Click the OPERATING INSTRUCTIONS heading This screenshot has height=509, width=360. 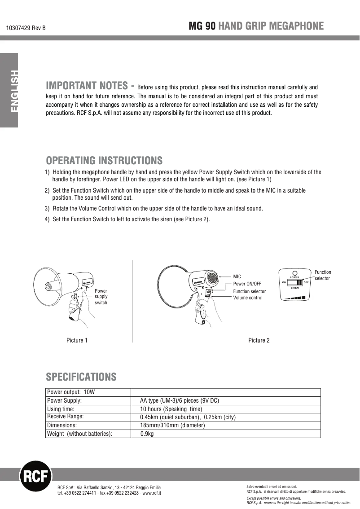coord(104,160)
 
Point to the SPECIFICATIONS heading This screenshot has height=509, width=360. coord(81,376)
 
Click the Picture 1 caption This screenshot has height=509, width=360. coord(77,340)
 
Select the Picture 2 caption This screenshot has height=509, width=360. coord(259,340)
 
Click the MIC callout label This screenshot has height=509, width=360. coord(237,277)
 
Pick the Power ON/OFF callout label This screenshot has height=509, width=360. coord(247,284)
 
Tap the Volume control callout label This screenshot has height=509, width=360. coord(248,298)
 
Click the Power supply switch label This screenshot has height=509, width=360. coord(101,297)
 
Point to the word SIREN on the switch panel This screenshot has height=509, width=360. coord(295,288)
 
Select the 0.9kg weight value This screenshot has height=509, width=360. coord(147,434)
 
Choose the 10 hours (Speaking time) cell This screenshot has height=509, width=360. coord(171,409)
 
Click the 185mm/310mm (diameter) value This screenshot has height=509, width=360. coord(172,425)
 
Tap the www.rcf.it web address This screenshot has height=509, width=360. coord(152,493)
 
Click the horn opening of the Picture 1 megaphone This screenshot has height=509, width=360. coord(46,286)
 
